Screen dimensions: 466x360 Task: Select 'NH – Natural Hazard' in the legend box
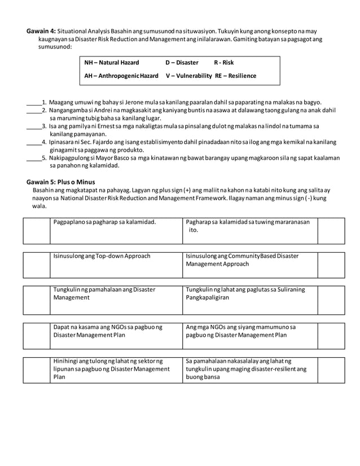pos(111,62)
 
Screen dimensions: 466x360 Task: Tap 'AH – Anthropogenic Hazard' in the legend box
pos(121,76)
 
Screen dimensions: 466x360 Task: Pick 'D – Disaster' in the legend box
pos(182,62)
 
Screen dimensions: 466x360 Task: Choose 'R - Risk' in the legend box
pos(224,62)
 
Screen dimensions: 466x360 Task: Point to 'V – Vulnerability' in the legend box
pos(189,76)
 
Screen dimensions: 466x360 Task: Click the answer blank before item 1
pos(34,102)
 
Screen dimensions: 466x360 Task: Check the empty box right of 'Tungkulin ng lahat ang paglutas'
pos(330,300)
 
